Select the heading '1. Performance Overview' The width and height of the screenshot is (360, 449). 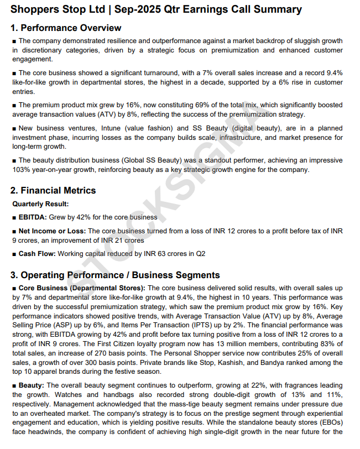pyautogui.click(x=66, y=28)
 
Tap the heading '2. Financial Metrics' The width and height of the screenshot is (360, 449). pyautogui.click(x=53, y=190)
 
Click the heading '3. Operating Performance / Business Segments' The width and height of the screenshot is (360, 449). pyautogui.click(x=115, y=275)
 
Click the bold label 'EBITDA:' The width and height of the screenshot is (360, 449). pyautogui.click(x=33, y=217)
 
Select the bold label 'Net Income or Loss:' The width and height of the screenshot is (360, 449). pyautogui.click(x=52, y=231)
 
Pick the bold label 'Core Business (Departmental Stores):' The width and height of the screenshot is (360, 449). pyautogui.click(x=82, y=288)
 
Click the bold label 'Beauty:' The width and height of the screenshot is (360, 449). pyautogui.click(x=32, y=385)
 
